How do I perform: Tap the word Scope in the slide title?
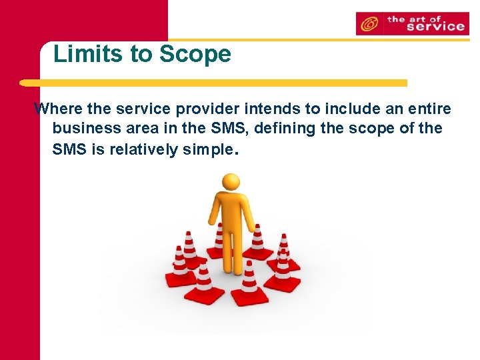[195, 54]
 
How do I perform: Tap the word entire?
[428, 108]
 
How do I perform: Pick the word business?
[83, 128]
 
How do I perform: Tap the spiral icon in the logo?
[368, 25]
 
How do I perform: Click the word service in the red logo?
[434, 27]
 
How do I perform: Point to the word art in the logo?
[423, 19]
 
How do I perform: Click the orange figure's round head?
[231, 182]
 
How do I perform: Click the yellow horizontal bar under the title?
[213, 83]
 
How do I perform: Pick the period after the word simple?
[234, 153]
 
